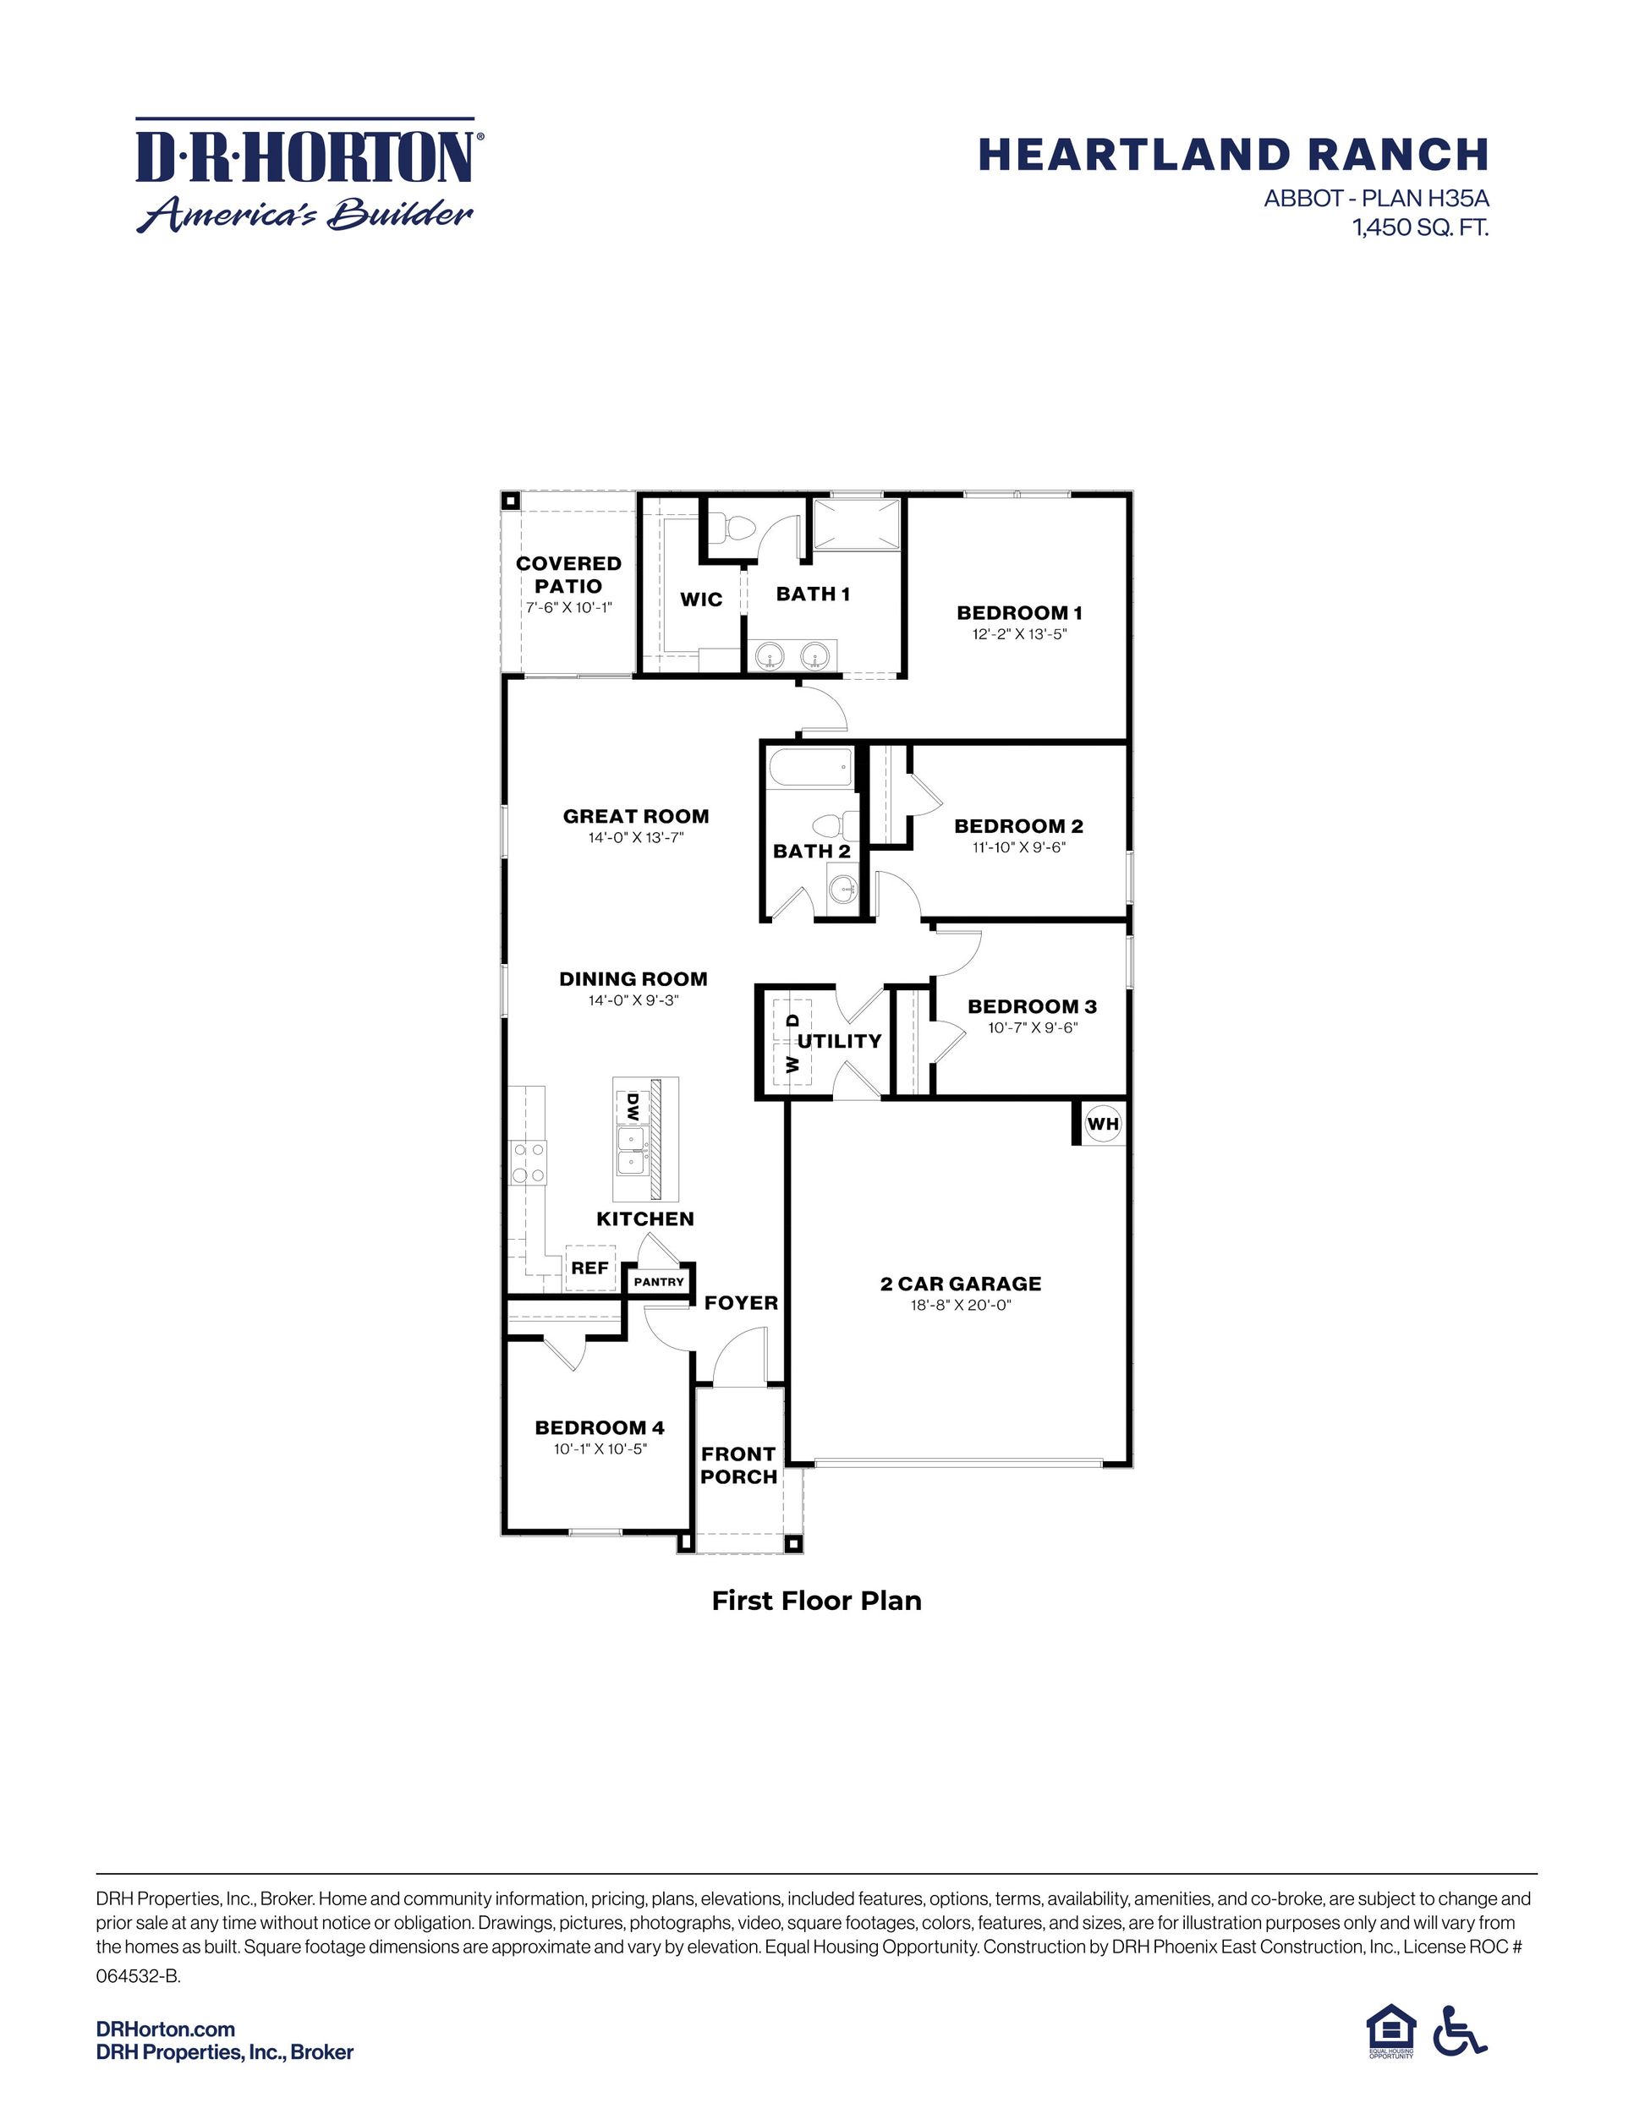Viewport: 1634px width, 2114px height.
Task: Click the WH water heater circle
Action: coord(1103,1124)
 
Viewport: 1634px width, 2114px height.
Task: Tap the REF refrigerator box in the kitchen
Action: coord(589,1267)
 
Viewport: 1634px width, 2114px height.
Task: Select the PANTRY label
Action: coord(659,1282)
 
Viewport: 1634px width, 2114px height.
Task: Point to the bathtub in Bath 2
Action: coord(810,770)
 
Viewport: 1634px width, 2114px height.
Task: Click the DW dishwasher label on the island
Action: coord(632,1105)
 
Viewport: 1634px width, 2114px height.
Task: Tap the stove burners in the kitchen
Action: coord(529,1162)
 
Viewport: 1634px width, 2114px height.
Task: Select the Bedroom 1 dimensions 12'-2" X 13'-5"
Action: coord(1019,635)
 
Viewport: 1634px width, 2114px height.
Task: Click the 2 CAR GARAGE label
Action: coord(960,1284)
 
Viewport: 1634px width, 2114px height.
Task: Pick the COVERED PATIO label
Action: coord(568,574)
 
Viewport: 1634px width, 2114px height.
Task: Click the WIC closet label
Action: coord(701,600)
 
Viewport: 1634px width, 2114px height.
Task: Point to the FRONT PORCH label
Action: coord(738,1465)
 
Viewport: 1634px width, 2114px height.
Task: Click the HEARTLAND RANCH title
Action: coord(1232,155)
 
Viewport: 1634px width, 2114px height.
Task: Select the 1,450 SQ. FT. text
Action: coord(1420,228)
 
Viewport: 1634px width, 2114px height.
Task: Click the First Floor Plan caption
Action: coord(816,1600)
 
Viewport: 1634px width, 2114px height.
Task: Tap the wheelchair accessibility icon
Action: coord(1459,2029)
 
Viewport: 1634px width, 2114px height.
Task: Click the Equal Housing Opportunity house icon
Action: coord(1390,2029)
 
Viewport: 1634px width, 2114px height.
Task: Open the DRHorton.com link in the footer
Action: coord(166,2029)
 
